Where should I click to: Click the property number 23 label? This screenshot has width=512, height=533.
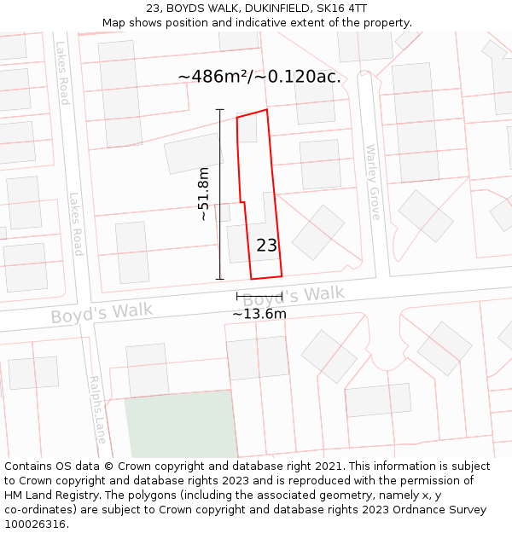coord(267,246)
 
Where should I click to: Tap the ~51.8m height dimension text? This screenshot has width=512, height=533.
coord(203,194)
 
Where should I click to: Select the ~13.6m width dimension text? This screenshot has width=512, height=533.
coord(259,314)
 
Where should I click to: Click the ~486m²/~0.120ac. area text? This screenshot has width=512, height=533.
coord(259,77)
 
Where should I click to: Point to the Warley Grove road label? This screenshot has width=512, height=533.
coord(373,182)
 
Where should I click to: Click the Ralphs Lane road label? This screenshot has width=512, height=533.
coord(98,408)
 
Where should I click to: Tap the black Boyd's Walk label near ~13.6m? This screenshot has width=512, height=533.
coord(294,296)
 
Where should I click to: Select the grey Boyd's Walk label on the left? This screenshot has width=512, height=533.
coord(102,312)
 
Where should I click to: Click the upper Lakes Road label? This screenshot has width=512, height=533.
coord(62,73)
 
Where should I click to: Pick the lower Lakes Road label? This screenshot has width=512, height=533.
coord(76,223)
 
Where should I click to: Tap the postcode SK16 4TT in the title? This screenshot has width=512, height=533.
coord(343,9)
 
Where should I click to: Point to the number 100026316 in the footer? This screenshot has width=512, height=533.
coord(35,524)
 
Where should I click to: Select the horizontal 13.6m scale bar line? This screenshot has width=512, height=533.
coord(259,296)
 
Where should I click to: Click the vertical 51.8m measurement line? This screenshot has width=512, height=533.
coord(220,194)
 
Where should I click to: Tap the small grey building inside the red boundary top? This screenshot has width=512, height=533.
coord(247,128)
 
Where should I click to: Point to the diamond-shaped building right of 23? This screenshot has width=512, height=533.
coord(318,231)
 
